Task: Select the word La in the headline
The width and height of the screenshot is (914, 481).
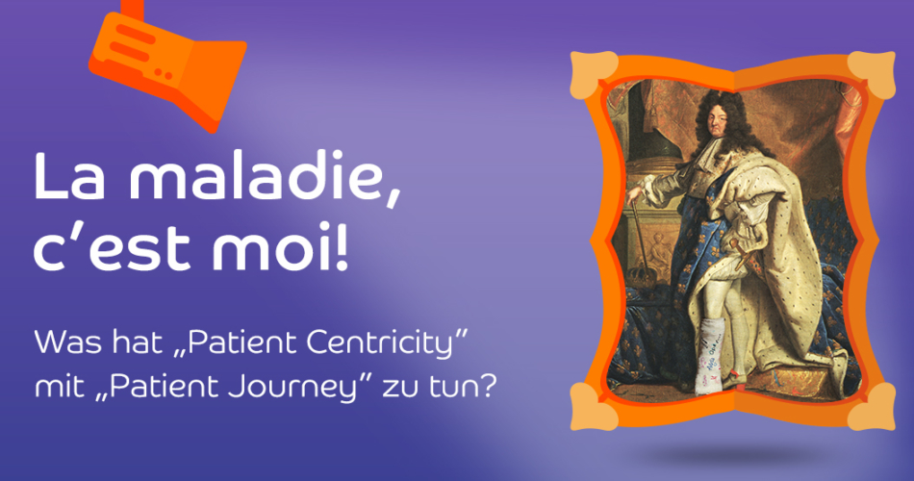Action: click(70, 175)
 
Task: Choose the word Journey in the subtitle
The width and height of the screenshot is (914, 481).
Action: click(291, 388)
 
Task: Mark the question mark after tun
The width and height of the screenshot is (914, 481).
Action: click(486, 387)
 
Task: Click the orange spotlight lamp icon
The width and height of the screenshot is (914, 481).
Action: click(166, 64)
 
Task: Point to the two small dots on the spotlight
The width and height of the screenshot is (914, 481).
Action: click(164, 75)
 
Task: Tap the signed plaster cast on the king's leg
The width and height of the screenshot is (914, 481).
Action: click(710, 356)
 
